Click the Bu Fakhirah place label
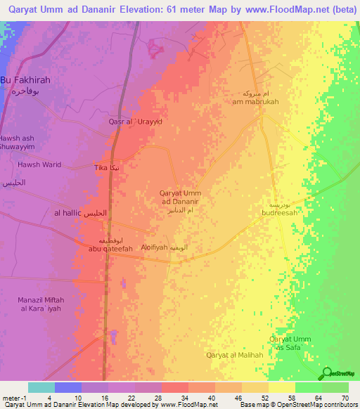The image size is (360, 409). coord(25,80)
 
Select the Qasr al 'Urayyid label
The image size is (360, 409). coord(136,122)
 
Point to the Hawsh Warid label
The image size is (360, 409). coord(39,165)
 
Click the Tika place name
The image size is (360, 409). coord(102,169)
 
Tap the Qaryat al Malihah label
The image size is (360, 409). coord(234,355)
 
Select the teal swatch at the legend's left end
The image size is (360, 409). coord(41,387)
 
